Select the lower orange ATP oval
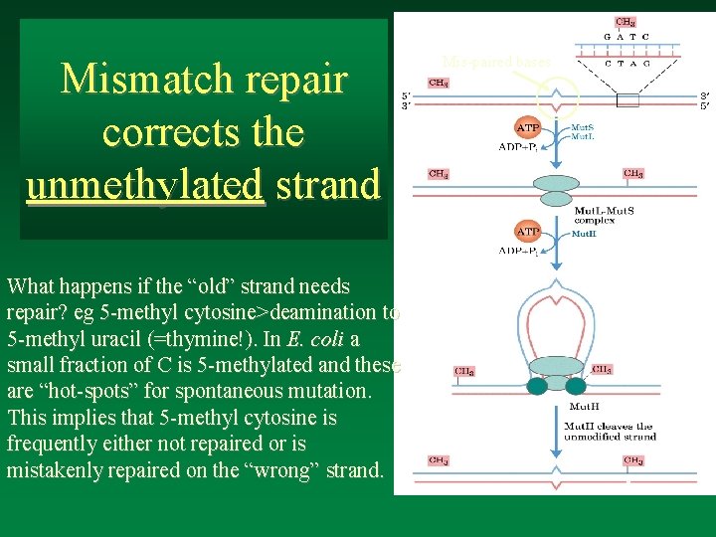coord(526,232)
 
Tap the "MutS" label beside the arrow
coord(583,128)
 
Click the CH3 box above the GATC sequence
coord(625,21)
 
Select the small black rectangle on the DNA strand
coord(627,99)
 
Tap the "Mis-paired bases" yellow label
coord(494,62)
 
